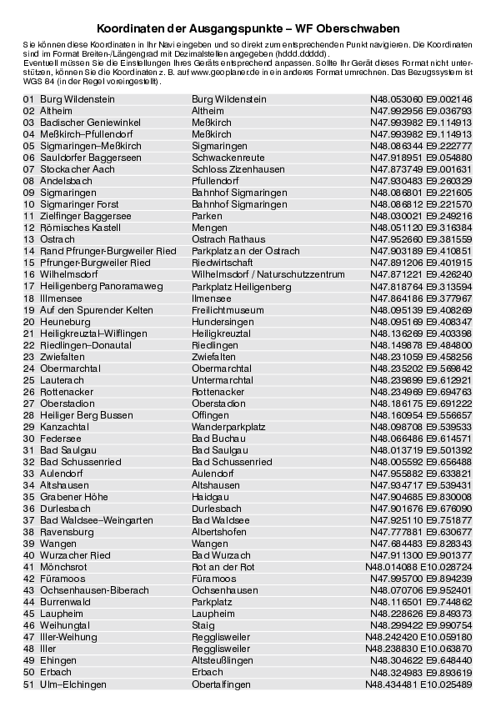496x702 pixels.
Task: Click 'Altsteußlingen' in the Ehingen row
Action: (x=222, y=659)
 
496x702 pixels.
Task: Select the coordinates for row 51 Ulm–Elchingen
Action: (x=418, y=684)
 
